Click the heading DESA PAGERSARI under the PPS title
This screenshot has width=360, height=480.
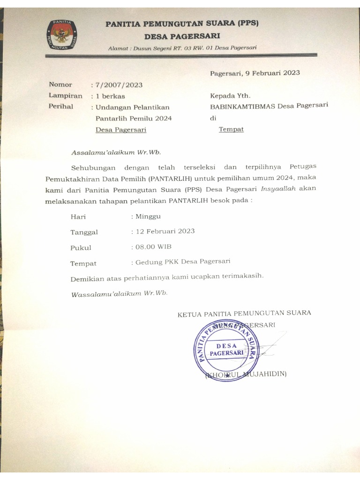click(x=182, y=36)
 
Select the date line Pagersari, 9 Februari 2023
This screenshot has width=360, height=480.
click(x=255, y=73)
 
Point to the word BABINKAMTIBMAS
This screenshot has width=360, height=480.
click(x=243, y=106)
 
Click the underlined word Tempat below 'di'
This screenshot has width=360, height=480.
click(x=231, y=129)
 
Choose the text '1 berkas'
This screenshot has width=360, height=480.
click(x=110, y=96)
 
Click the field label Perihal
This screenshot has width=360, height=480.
click(x=61, y=106)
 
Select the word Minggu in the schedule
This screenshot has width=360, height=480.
click(x=148, y=217)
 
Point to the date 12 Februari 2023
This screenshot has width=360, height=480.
click(x=164, y=231)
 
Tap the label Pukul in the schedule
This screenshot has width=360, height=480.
click(x=81, y=247)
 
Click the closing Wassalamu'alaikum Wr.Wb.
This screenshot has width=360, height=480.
click(x=119, y=294)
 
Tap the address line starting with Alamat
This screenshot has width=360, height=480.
click(x=182, y=48)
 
